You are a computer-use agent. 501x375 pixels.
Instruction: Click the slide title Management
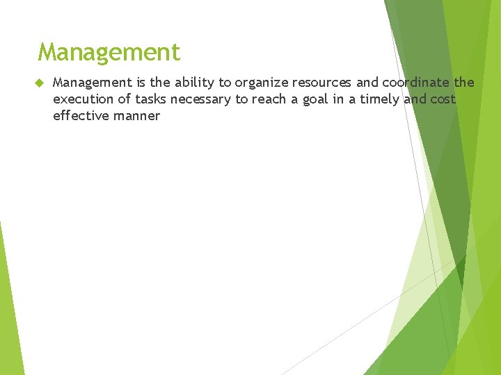pyautogui.click(x=109, y=52)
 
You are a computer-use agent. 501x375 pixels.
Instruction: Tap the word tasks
pyautogui.click(x=151, y=99)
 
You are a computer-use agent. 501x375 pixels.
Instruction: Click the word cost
pyautogui.click(x=443, y=99)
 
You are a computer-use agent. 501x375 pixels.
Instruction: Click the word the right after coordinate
pyautogui.click(x=464, y=83)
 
